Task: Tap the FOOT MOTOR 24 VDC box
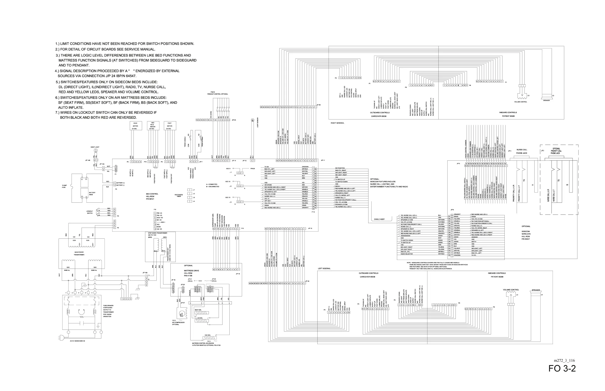pos(170,126)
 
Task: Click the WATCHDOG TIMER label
pos(179,195)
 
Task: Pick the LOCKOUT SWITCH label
pos(89,212)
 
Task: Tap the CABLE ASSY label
pos(379,219)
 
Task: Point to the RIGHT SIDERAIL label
pos(337,123)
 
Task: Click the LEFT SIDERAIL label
pos(324,268)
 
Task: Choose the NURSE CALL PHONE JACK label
pos(522,151)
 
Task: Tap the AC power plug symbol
pos(61,338)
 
